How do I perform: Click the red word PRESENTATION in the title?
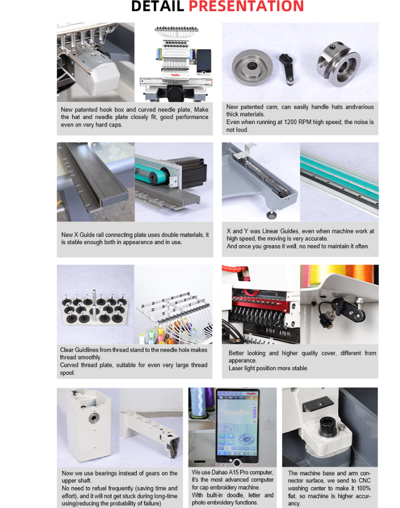point(246,6)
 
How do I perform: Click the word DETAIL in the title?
point(158,6)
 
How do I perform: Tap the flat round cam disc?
point(252,67)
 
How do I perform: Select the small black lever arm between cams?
point(287,69)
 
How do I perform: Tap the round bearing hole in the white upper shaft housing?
point(94,418)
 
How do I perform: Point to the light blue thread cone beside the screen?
point(198,402)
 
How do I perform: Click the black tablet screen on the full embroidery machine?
point(204,61)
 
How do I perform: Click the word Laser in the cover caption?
point(235,368)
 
